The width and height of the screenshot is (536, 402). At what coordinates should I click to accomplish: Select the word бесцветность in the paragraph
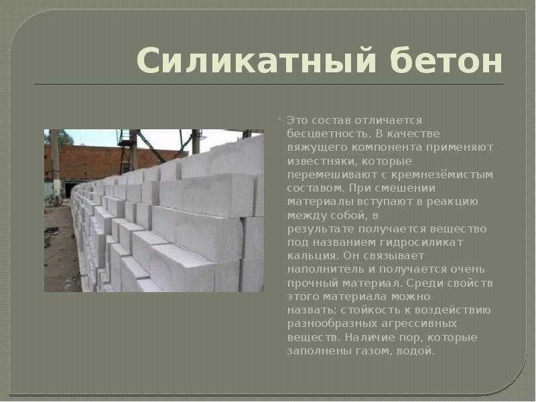[328, 133]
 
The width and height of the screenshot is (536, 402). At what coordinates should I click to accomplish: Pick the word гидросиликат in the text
[421, 243]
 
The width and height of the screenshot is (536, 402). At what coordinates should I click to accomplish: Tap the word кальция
[312, 256]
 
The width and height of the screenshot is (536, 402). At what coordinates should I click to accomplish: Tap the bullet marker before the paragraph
[279, 119]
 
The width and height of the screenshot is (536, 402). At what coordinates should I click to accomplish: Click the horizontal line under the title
[269, 83]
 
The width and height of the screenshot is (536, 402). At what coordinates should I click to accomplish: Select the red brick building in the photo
[113, 163]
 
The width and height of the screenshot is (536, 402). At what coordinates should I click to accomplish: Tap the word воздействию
[453, 310]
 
